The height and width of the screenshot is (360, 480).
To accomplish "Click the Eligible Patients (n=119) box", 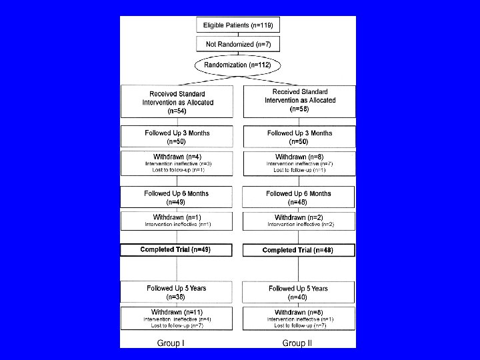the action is click(238, 25).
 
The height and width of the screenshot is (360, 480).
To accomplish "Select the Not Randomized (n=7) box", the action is click(238, 45).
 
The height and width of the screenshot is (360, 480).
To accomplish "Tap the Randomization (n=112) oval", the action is click(238, 65).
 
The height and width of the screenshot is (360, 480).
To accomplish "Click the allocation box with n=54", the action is click(177, 103).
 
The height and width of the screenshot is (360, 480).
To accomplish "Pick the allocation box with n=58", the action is click(299, 101).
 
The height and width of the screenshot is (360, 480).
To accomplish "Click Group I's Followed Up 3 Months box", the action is click(177, 137).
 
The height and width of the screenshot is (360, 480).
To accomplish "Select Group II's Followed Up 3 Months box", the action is click(299, 137).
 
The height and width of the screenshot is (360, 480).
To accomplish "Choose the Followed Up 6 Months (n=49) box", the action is click(177, 197).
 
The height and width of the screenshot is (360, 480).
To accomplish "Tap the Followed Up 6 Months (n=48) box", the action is click(299, 197).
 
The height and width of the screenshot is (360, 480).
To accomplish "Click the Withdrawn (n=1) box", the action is click(177, 221).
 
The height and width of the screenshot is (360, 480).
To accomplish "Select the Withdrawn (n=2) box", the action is click(299, 221).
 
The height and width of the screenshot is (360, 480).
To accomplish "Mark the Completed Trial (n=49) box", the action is click(177, 250).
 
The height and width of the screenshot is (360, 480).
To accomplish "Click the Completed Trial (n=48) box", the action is click(299, 251).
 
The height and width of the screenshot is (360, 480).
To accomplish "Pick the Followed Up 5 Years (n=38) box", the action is click(177, 292).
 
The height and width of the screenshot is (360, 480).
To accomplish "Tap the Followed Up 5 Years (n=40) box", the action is click(299, 293).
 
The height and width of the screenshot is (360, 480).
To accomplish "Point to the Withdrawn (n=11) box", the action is click(177, 318).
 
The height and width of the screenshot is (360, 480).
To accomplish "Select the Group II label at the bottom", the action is click(297, 343).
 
